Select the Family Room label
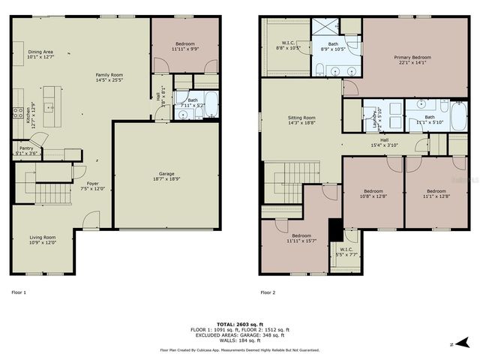[x=109, y=76]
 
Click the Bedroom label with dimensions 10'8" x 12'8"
[x=373, y=193]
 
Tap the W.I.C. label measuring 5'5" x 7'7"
[x=346, y=252]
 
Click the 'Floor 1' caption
[x=19, y=292]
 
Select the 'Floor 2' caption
[x=268, y=292]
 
